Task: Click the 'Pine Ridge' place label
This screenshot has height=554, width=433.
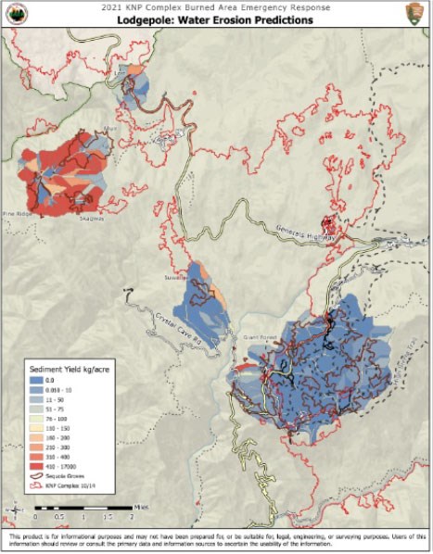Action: point(17,212)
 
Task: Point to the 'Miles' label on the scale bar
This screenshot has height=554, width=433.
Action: point(140,506)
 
